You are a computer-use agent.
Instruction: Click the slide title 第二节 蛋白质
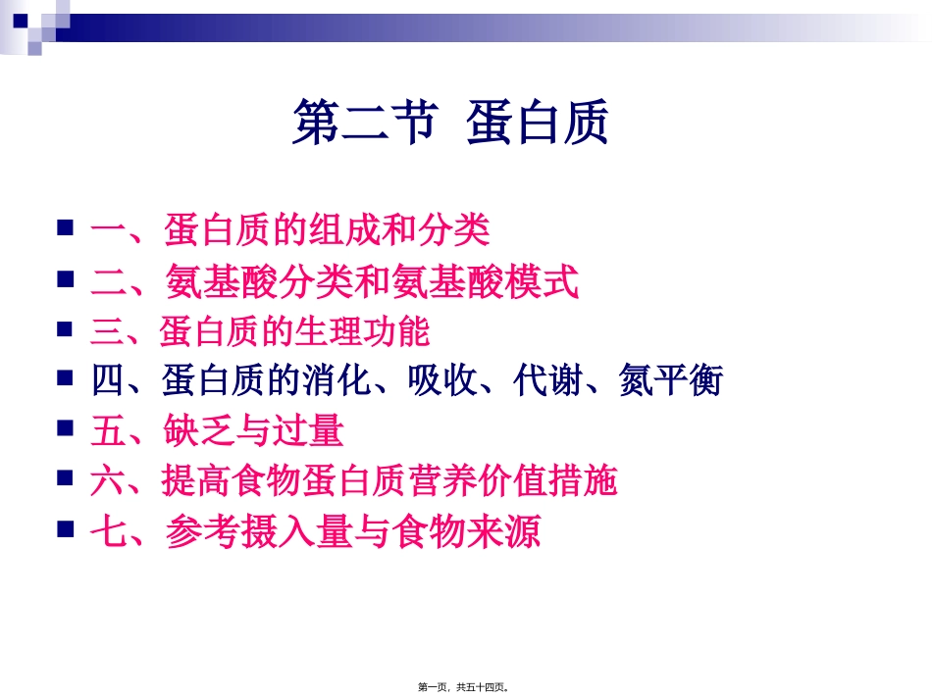(451, 125)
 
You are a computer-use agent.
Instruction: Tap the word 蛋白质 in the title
(539, 125)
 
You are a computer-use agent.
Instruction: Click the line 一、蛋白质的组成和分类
(290, 231)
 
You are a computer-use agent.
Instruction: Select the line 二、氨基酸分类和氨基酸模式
(335, 282)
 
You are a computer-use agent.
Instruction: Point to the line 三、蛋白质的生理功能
(260, 331)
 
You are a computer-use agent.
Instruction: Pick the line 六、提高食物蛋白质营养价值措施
(354, 481)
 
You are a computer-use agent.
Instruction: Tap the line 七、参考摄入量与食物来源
(315, 532)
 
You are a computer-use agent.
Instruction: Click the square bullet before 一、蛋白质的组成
(66, 229)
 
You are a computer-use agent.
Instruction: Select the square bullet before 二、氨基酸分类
(66, 279)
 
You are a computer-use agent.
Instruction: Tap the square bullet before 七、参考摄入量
(66, 530)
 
